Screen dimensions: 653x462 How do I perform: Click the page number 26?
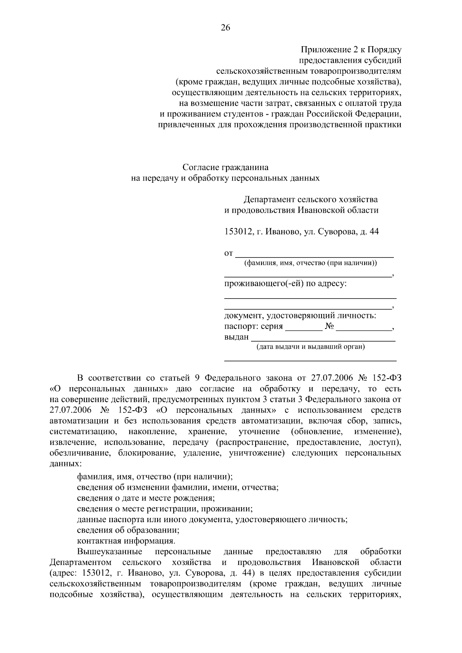coord(225,27)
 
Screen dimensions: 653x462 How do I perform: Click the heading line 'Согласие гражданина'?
coord(225,167)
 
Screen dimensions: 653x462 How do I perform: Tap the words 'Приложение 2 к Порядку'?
coord(351,50)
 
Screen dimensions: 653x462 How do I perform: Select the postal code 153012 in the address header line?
coord(238,232)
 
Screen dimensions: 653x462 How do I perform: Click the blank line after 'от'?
coord(314,254)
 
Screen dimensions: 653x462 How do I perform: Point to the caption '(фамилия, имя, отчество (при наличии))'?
coord(310,263)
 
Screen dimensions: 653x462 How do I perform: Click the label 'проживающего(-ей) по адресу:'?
coord(285,284)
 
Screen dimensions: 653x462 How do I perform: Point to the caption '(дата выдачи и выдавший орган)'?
coord(310,347)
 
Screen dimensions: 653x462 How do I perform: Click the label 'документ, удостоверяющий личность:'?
coord(300,316)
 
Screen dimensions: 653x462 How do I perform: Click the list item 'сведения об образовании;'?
coord(128,530)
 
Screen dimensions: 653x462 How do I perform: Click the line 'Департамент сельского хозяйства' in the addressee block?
coord(310,199)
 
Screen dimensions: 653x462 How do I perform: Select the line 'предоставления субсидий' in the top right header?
coord(350,60)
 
